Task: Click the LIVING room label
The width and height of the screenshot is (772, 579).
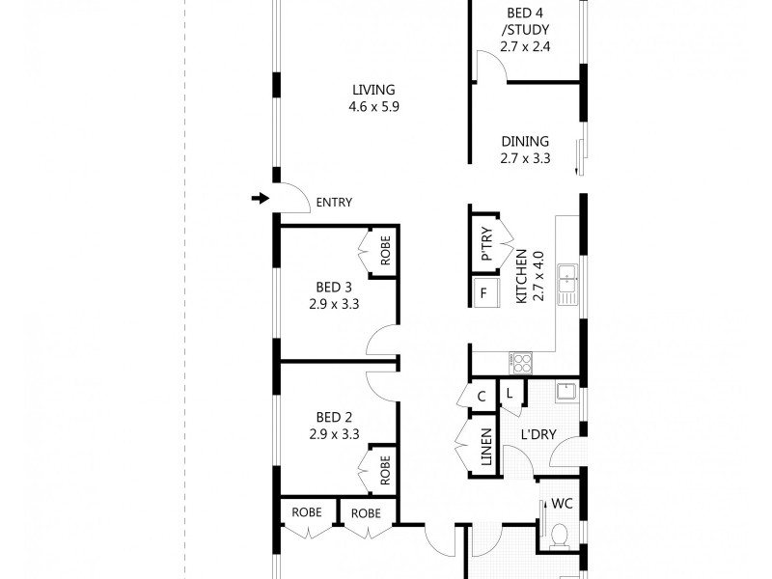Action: (374, 91)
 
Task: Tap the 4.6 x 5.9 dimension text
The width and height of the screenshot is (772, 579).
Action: (374, 107)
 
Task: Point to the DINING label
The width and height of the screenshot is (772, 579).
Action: (525, 141)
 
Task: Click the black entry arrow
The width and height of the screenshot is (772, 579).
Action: (259, 199)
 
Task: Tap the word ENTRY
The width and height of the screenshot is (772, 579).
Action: (334, 203)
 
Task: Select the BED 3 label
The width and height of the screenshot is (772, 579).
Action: (335, 287)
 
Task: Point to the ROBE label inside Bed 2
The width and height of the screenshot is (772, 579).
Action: (385, 471)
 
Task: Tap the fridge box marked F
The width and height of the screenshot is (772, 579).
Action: (482, 292)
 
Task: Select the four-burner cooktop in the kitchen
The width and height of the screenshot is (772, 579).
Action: (521, 363)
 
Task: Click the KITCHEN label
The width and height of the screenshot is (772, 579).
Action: (521, 277)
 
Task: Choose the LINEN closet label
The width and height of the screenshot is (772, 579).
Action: (486, 451)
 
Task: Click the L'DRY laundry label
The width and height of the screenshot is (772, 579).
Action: (538, 434)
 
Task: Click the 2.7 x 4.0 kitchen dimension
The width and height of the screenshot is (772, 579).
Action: (538, 277)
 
